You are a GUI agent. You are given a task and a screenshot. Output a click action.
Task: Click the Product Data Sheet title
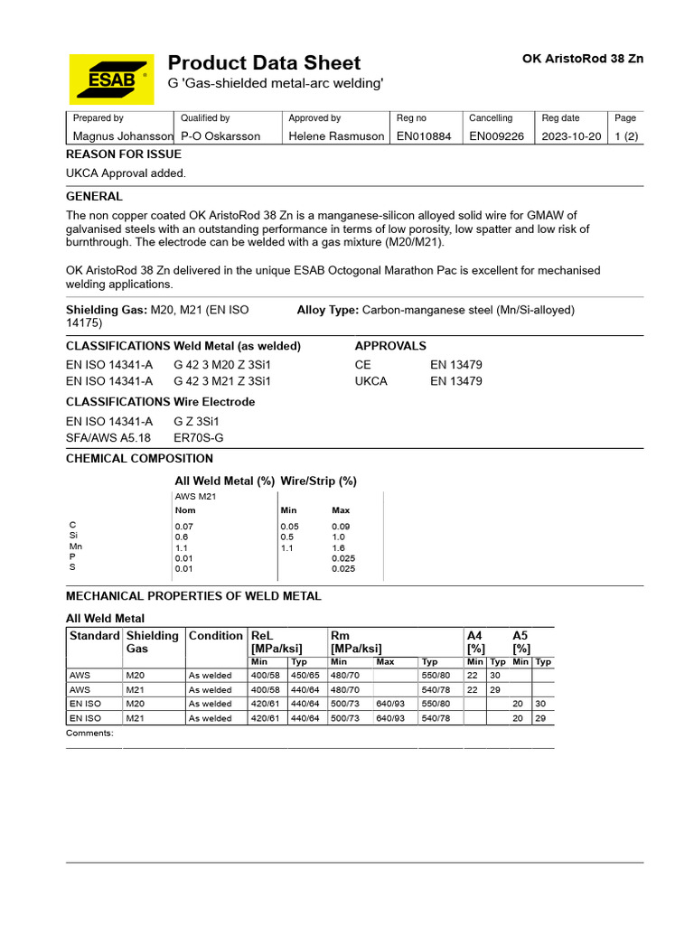click(x=264, y=62)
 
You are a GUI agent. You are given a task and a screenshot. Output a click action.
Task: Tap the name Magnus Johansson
click(x=122, y=136)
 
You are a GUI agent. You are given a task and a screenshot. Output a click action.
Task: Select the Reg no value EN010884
click(x=426, y=136)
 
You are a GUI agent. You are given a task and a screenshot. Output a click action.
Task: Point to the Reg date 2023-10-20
click(x=570, y=136)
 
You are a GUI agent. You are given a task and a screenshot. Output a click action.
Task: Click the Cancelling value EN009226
click(x=496, y=136)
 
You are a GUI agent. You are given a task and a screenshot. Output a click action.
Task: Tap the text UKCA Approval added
click(x=126, y=173)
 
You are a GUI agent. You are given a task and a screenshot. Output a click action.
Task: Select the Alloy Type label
click(x=328, y=310)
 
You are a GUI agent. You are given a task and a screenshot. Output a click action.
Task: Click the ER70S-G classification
click(x=198, y=437)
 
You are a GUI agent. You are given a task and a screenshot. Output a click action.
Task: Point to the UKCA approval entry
click(x=371, y=381)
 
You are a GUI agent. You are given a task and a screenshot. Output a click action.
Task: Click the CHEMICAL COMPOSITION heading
click(x=139, y=458)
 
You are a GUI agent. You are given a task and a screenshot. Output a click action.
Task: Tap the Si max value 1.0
click(x=339, y=537)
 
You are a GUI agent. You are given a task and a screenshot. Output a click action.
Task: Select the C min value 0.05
click(x=288, y=526)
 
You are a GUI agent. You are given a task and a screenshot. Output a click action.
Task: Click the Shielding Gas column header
click(x=152, y=642)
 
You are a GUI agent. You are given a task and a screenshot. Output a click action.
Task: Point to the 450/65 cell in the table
click(x=305, y=675)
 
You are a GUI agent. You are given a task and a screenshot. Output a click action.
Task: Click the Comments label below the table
click(x=89, y=733)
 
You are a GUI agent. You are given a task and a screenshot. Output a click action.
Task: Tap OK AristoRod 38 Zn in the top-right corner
click(x=583, y=59)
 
